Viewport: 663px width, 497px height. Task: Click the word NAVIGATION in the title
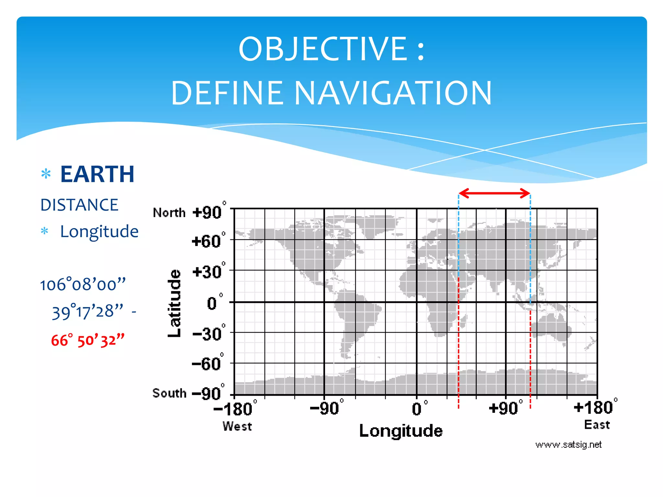tap(393, 94)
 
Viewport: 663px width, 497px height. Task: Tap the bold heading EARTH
tap(97, 174)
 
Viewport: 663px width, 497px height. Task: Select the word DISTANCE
tap(79, 205)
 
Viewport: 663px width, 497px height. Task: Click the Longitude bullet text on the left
tap(99, 232)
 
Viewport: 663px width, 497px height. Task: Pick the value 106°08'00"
tap(83, 285)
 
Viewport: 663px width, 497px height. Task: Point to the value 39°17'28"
tap(87, 312)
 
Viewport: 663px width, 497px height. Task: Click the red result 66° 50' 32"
tap(87, 340)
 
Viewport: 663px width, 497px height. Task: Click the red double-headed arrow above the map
tap(494, 193)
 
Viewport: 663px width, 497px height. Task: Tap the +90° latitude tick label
tap(207, 213)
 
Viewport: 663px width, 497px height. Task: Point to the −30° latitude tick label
tap(207, 334)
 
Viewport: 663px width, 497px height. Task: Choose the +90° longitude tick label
tap(504, 408)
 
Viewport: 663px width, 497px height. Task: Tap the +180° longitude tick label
tap(594, 407)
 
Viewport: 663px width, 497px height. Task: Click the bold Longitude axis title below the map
tap(401, 431)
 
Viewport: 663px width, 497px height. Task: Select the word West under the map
tap(237, 426)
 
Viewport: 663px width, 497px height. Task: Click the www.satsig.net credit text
tap(568, 445)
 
